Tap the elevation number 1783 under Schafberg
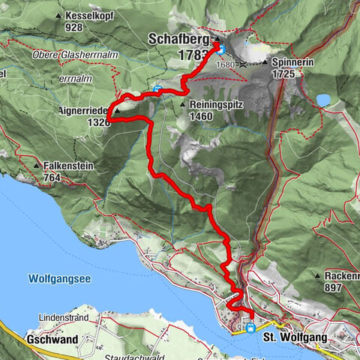191,55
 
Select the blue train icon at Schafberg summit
222,49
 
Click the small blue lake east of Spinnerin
323,100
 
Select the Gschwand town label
52,339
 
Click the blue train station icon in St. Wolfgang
250,327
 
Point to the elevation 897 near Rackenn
334,288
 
